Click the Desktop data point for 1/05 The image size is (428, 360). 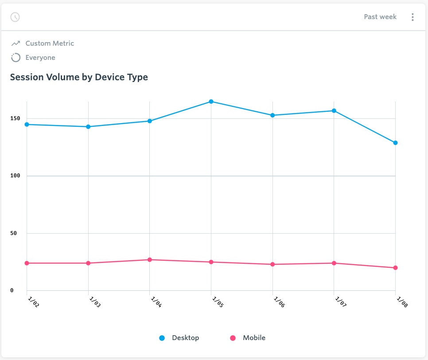point(211,102)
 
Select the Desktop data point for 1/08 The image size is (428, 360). point(395,143)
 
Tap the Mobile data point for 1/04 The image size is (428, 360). point(150,260)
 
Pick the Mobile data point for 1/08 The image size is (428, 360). point(395,268)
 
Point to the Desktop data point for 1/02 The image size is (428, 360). point(27,125)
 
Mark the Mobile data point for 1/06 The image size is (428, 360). point(272,264)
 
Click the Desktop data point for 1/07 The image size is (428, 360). point(334,111)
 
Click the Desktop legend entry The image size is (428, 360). point(179,338)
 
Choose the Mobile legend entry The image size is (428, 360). point(248,338)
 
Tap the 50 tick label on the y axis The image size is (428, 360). point(14,233)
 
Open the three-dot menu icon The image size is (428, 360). point(412,17)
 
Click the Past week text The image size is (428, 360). point(380,17)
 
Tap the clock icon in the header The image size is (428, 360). point(15,17)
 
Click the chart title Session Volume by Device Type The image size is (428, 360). point(79,77)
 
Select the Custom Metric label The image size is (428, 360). point(50,43)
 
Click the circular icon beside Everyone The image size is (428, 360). point(16,58)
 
